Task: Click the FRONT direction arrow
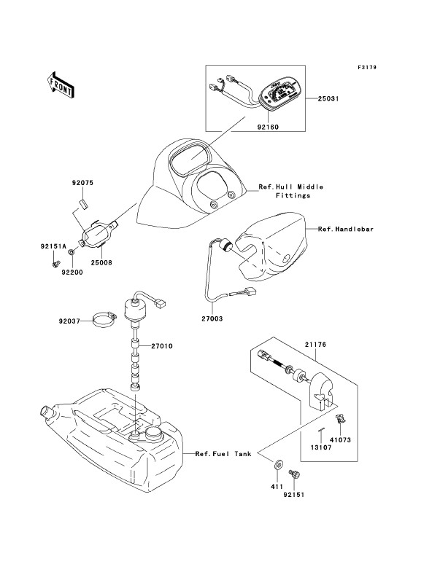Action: [60, 85]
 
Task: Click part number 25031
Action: [328, 98]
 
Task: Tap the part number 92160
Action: [268, 127]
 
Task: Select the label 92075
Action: [82, 183]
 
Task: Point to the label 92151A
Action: [53, 247]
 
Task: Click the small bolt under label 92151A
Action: [55, 265]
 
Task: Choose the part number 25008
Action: [101, 263]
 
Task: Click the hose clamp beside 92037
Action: [105, 320]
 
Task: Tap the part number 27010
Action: [162, 346]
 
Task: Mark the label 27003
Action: [212, 318]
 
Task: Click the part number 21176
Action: [315, 345]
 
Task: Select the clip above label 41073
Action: [340, 419]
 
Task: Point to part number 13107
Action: [321, 448]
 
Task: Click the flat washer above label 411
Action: [278, 465]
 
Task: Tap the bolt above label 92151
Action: [294, 475]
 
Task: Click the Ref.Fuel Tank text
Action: [223, 454]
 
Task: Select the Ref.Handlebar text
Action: [346, 229]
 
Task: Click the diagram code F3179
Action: [367, 67]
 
